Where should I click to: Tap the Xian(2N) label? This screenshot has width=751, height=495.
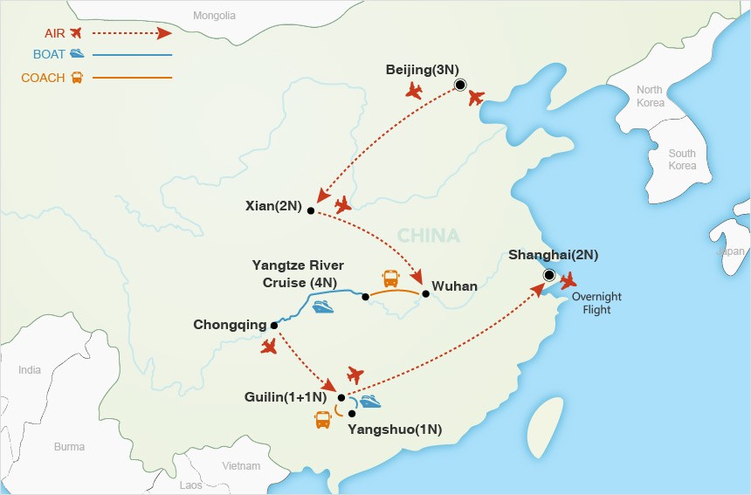pos(274,207)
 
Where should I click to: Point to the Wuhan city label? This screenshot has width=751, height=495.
pos(455,285)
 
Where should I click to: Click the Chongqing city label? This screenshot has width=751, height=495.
pos(230,325)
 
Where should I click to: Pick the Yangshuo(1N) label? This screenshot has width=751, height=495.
pos(395,430)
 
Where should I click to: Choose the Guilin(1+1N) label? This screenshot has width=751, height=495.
pos(289,397)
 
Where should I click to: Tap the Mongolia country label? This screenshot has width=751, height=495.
pos(215,15)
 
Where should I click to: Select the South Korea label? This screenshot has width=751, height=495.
pos(682,160)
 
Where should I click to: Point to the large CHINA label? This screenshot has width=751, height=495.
pos(428,236)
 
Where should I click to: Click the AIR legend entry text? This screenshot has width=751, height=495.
pos(54,33)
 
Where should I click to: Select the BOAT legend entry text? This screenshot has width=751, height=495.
pos(49,54)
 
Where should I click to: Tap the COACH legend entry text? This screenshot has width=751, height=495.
pos(44,78)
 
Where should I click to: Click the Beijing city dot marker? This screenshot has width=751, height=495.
pos(460,85)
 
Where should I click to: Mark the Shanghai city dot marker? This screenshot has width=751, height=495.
pos(549,276)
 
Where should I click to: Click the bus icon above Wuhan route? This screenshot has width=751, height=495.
pos(391,278)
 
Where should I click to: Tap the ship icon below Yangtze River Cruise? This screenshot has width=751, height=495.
pos(323,307)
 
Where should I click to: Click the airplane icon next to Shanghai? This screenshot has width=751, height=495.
pos(569,281)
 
